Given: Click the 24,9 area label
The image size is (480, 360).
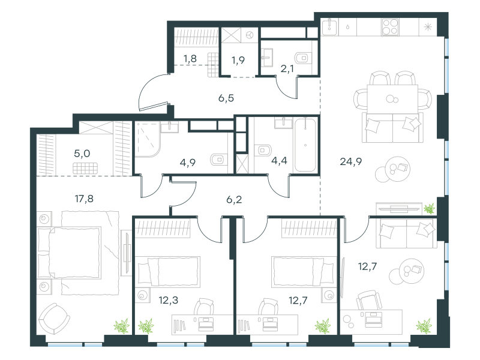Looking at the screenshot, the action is point(351,161).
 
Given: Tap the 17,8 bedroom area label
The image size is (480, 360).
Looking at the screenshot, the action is point(84,199).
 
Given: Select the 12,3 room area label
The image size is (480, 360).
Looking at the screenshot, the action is point(169,301).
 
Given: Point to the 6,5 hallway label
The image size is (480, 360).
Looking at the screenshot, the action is point(226,98).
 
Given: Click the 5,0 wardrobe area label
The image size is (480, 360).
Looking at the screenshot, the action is point(82,154).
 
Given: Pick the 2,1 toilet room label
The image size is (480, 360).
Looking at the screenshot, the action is point(287,69).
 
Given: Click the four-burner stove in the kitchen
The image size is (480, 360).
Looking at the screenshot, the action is point(390,27).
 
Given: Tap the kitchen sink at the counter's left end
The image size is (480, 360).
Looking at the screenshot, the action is point(329,27).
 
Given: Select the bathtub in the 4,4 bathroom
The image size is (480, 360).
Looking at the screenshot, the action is point(305,145).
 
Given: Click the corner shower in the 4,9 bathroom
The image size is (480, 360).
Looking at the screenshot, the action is point(148,139).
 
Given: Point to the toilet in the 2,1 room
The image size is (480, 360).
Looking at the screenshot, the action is point(303,58).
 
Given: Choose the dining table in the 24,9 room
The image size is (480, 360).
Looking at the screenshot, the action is point(392,99).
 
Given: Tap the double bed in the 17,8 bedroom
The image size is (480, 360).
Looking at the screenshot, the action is point(69,253).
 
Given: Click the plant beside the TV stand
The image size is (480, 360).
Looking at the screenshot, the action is point(429,209).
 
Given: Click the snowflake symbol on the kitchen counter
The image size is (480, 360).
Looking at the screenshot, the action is point(428,27).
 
